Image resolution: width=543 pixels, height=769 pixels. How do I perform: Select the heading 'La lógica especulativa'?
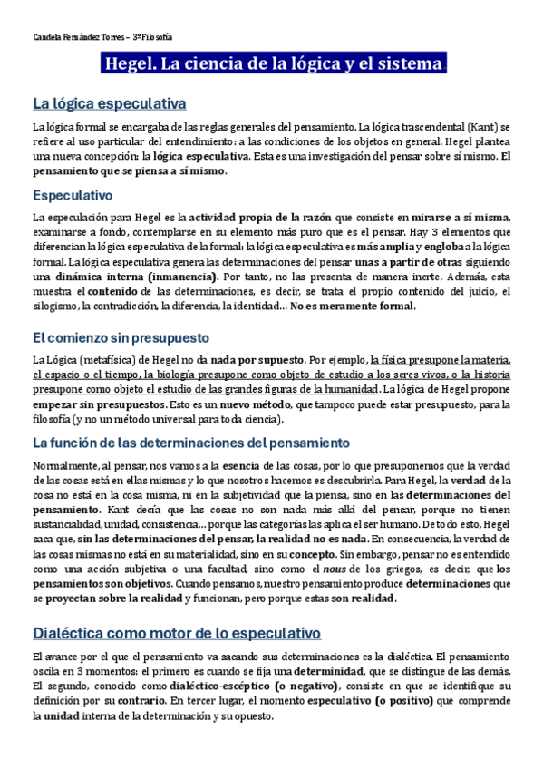click(109, 103)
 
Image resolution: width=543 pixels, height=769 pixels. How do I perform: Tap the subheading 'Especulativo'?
click(72, 195)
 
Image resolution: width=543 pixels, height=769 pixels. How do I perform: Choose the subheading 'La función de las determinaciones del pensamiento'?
click(190, 443)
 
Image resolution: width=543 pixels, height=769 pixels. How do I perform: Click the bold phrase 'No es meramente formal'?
click(352, 306)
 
